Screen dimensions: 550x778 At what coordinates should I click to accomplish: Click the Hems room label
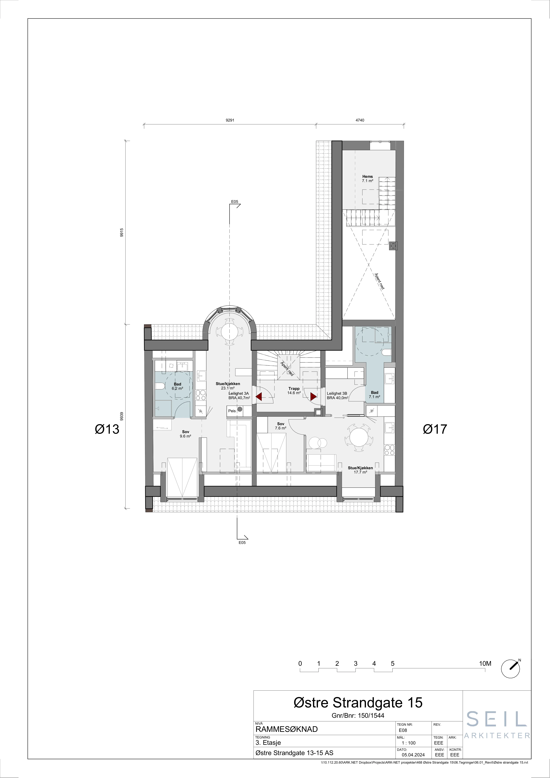tap(367, 176)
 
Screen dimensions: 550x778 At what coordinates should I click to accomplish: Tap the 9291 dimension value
tap(230, 120)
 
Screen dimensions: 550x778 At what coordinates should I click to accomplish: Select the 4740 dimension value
tap(360, 120)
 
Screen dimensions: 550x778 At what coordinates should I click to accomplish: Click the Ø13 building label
tap(107, 429)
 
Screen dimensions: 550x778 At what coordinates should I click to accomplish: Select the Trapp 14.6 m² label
tap(294, 391)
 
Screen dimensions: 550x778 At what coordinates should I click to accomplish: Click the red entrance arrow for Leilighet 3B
tap(313, 396)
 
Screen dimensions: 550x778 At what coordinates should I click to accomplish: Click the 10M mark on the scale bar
tap(485, 664)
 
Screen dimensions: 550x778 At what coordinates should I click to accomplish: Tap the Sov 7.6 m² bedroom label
tap(281, 426)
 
